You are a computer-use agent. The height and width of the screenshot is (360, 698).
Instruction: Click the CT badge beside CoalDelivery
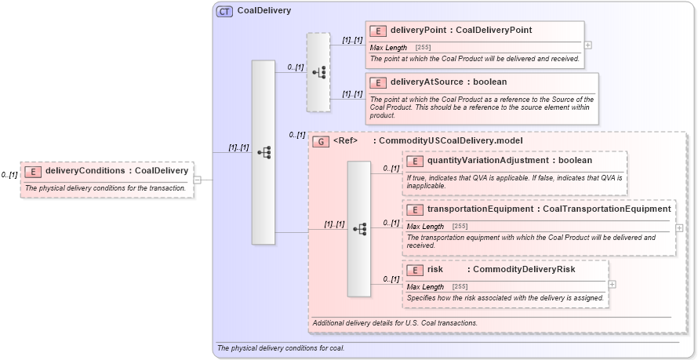tap(224, 11)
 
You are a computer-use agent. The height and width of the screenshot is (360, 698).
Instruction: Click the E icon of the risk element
tap(415, 270)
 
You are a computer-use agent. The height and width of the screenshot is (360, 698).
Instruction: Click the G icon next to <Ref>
tap(320, 141)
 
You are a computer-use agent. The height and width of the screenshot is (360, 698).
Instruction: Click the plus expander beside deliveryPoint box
tap(588, 45)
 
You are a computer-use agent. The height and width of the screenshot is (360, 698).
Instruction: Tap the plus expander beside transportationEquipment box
tap(679, 227)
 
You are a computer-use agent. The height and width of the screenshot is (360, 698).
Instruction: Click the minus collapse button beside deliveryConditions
tap(197, 180)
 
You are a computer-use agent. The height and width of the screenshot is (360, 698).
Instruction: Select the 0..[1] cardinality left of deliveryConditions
tap(9, 175)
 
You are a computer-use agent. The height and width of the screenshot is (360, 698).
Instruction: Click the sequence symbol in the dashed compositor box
tap(318, 72)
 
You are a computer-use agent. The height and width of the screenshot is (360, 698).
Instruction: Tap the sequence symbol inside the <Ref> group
tap(359, 229)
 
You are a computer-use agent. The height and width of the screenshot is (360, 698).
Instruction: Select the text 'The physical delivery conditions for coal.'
tap(281, 348)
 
